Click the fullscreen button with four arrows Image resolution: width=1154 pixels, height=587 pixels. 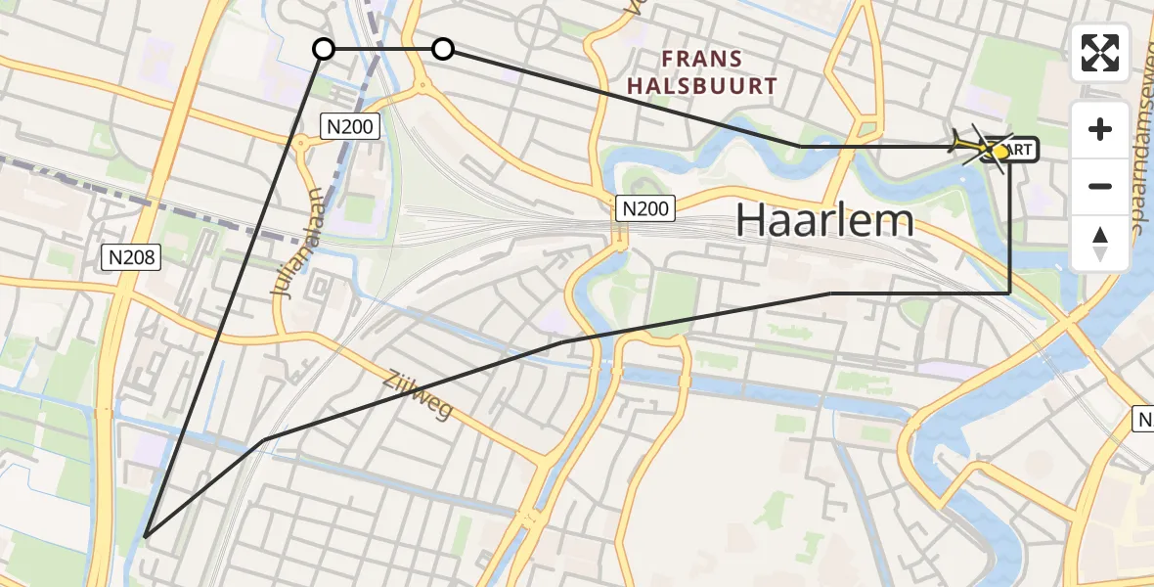[x=1100, y=53]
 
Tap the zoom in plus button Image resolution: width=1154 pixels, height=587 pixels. [x=1100, y=129]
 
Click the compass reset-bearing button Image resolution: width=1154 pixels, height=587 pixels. [x=1100, y=244]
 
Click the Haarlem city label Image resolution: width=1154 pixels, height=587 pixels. [x=824, y=221]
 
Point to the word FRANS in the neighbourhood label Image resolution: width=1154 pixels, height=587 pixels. [x=701, y=60]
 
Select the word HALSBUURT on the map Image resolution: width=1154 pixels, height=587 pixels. [x=701, y=86]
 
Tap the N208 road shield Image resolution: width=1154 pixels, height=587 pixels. [x=130, y=258]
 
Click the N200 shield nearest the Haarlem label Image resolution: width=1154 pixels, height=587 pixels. [x=645, y=208]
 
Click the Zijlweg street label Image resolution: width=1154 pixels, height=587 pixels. [x=418, y=394]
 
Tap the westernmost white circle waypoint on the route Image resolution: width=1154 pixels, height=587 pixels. [x=324, y=49]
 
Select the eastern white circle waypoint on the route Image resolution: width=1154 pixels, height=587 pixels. [x=443, y=49]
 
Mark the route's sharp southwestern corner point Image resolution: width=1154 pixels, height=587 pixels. [x=145, y=536]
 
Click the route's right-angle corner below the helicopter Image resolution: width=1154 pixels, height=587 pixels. [x=1009, y=293]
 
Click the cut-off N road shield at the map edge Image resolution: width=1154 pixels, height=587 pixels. [x=1144, y=420]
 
